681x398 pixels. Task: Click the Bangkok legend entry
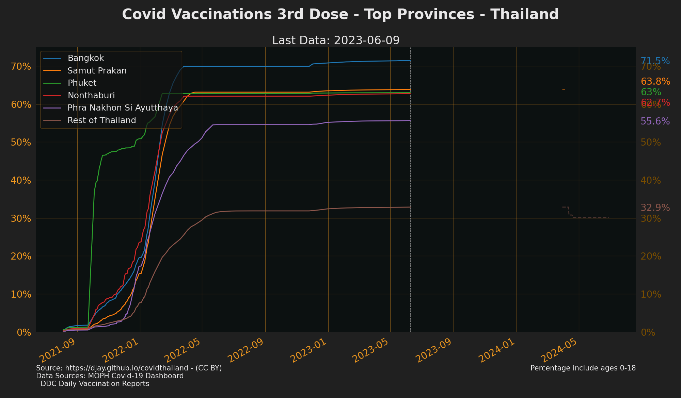point(85,58)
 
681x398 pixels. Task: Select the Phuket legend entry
point(82,83)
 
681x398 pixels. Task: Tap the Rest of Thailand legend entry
point(101,120)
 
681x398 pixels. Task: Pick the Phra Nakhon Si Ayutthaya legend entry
point(123,108)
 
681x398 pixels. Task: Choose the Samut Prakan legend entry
point(97,71)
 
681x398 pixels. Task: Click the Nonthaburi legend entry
point(91,95)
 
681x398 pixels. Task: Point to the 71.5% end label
point(655,61)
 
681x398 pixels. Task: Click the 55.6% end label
point(655,121)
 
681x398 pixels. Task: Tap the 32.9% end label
point(655,208)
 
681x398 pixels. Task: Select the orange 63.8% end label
point(655,82)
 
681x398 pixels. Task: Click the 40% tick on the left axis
point(22,180)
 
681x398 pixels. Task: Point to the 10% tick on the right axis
point(651,294)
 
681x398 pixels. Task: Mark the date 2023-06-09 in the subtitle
point(366,40)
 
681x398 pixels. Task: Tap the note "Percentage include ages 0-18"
point(583,368)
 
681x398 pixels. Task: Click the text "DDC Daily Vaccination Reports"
point(95,384)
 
